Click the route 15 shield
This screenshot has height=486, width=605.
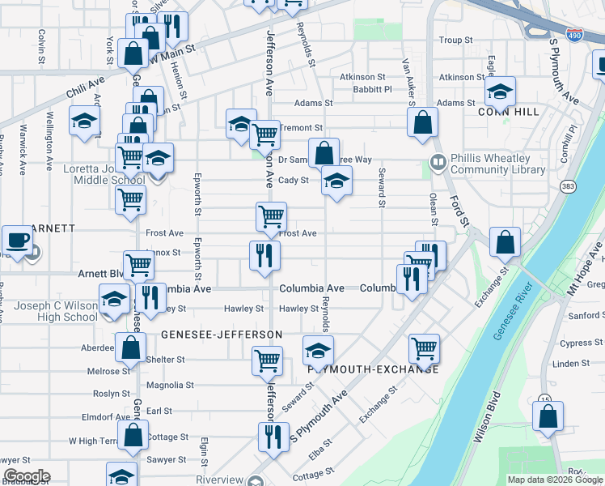coord(545,399)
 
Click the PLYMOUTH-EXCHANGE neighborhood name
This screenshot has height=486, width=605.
coord(374,369)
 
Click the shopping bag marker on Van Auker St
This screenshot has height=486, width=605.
coord(422,123)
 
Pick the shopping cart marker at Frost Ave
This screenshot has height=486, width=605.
coord(271,216)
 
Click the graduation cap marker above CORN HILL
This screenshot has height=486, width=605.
coord(501,90)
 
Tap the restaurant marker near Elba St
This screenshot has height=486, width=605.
coord(273,437)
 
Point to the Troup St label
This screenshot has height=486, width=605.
coord(455,40)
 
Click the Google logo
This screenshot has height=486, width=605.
coord(27,475)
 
